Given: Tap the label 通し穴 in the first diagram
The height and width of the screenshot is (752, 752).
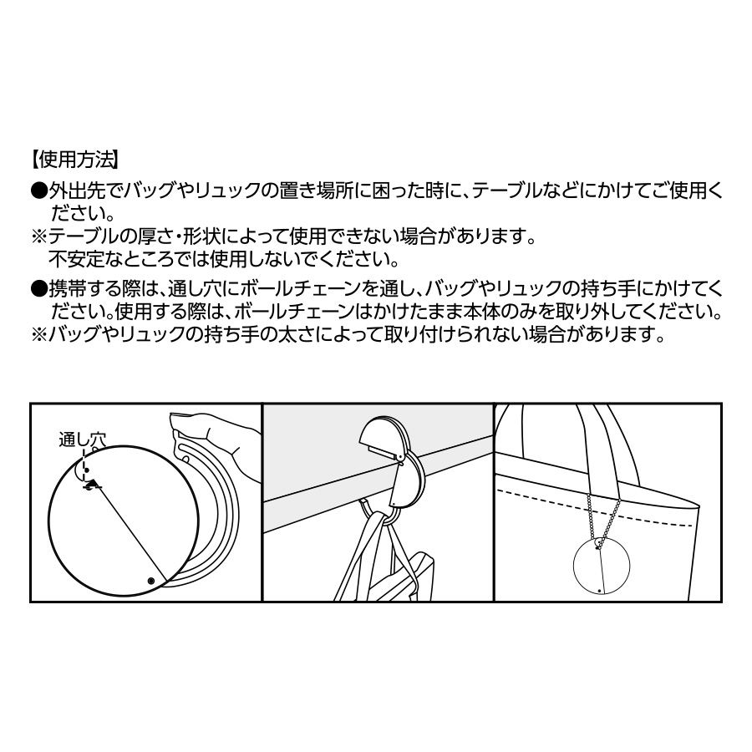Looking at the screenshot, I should click(x=83, y=437).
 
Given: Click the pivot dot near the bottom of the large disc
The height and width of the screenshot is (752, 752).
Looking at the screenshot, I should click(x=150, y=581).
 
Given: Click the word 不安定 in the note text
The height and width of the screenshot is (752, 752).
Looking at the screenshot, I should click(x=79, y=257).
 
